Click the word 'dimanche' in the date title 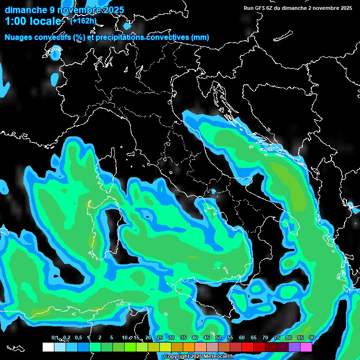[23, 10]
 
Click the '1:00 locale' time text [33, 21]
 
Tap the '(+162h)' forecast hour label [83, 21]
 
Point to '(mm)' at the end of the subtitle [200, 37]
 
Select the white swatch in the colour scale [48, 347]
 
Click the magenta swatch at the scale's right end [306, 347]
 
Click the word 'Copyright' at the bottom [176, 357]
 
